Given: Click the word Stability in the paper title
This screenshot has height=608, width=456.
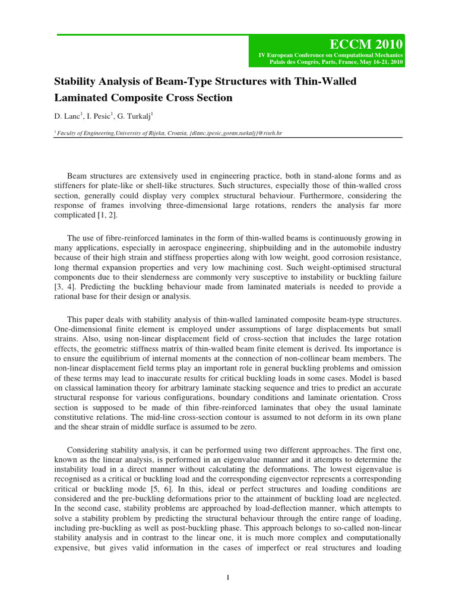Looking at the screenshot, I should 76,81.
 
